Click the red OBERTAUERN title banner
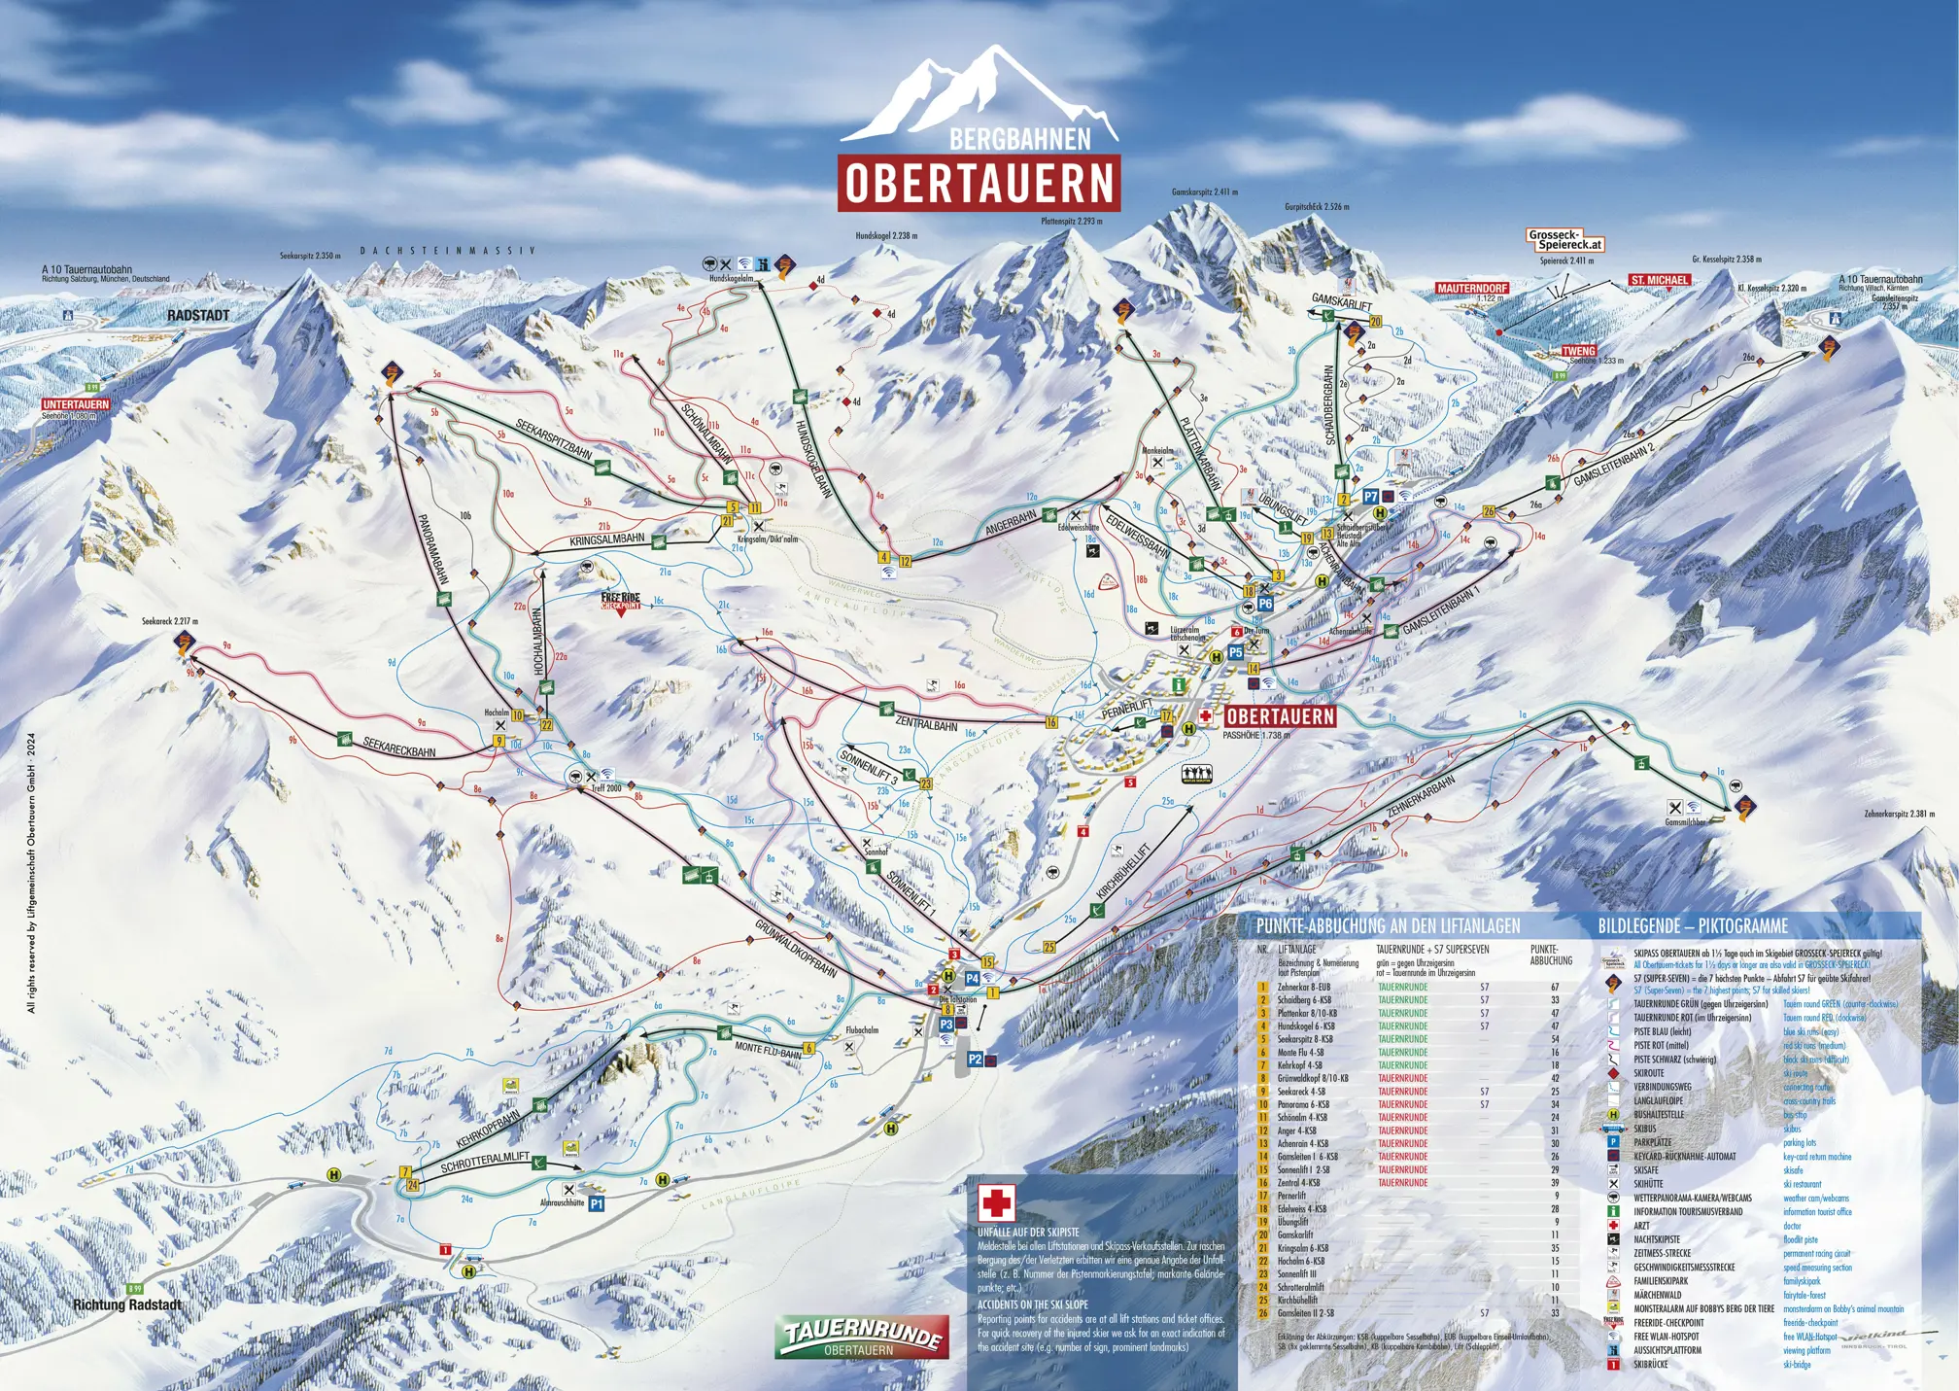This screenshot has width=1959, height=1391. coord(979,183)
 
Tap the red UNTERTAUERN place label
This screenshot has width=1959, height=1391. coord(76,404)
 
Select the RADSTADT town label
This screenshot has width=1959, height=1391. coord(198,316)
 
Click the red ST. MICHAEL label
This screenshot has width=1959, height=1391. coord(1660,280)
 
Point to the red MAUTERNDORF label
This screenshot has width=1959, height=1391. coord(1472,289)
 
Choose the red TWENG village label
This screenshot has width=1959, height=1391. coord(1579,351)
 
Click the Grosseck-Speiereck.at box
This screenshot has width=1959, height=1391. coord(1564,240)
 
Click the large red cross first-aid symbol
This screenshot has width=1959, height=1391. coord(996,1202)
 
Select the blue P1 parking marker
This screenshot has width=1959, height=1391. coord(597,1203)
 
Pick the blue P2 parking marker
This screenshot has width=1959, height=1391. coord(976,1060)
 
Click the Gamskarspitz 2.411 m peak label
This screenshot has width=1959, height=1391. coord(1204,192)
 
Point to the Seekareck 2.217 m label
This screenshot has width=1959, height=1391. coord(171,620)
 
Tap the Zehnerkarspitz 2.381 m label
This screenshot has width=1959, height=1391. coord(1899,814)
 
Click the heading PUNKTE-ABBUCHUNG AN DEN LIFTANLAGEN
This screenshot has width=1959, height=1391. coord(1388,926)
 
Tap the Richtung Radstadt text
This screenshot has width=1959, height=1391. coord(127,1304)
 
